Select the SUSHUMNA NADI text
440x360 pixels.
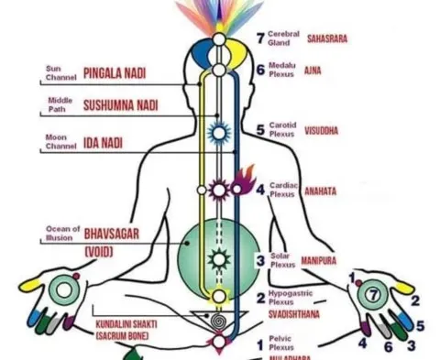click(x=120, y=106)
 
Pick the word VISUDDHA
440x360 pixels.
click(x=321, y=131)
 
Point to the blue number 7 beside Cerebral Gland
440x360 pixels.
click(x=259, y=38)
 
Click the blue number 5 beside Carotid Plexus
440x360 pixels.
click(x=260, y=130)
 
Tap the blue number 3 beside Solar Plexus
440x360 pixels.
click(x=260, y=261)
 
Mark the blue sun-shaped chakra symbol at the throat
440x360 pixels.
click(x=218, y=132)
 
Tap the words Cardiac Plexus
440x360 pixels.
click(x=282, y=190)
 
